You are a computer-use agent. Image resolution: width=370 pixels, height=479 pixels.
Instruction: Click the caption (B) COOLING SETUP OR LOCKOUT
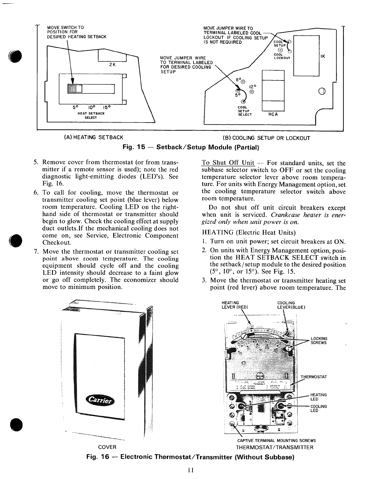click(x=266, y=138)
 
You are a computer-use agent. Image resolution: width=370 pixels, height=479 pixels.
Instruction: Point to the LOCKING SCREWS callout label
click(x=319, y=340)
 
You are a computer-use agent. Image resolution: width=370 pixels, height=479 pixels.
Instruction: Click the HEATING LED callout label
click(x=319, y=397)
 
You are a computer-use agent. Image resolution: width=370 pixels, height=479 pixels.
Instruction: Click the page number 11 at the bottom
click(x=190, y=470)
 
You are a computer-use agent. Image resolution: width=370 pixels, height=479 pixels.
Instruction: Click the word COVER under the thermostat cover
click(x=107, y=447)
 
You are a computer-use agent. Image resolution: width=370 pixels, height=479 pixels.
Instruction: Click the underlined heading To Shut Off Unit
click(x=228, y=163)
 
